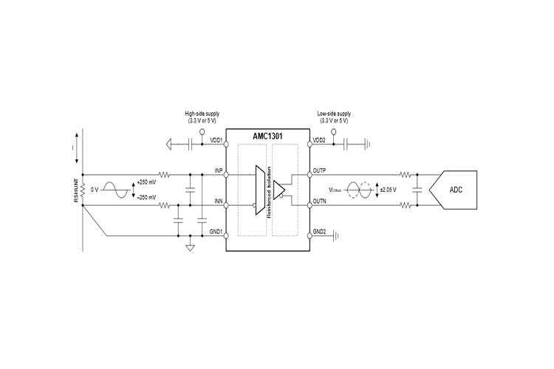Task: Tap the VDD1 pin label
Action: [x=216, y=140]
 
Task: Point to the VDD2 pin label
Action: [x=319, y=140]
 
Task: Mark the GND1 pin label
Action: [x=216, y=232]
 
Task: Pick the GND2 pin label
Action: [x=319, y=232]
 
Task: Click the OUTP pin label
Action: [x=319, y=171]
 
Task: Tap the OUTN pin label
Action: [x=319, y=201]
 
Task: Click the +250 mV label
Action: [x=147, y=182]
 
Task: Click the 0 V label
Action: [x=94, y=190]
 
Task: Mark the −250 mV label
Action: [x=147, y=197]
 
